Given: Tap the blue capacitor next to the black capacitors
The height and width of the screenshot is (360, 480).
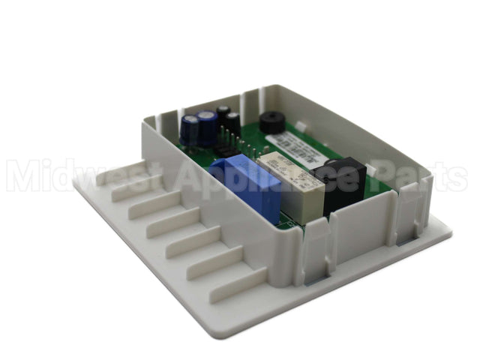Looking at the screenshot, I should coord(207,124).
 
